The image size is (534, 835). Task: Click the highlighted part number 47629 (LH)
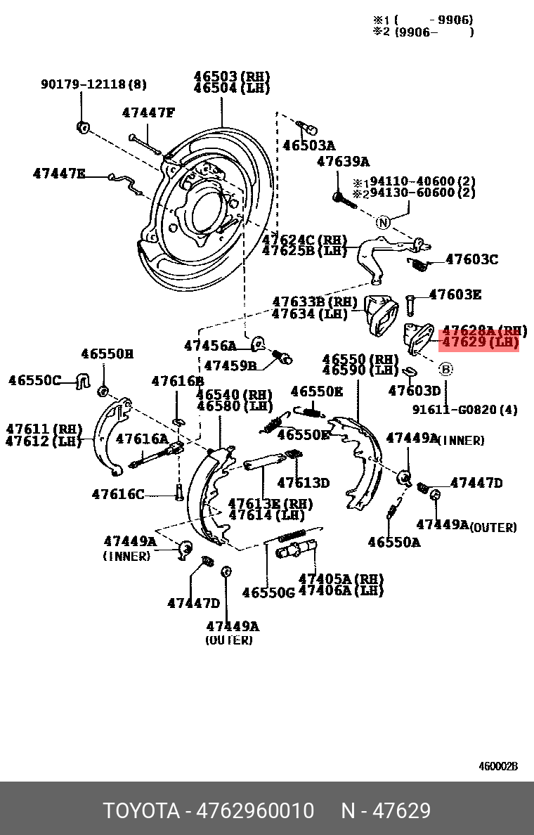(x=479, y=343)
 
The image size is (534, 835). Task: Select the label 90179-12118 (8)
(x=93, y=84)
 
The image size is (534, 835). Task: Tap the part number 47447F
(x=148, y=112)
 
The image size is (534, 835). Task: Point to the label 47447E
(x=59, y=174)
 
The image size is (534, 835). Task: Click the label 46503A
(x=309, y=145)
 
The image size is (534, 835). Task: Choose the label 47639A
(x=343, y=162)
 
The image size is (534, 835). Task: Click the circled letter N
(x=382, y=223)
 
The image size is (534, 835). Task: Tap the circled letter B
(x=446, y=368)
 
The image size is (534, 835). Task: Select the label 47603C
(x=471, y=259)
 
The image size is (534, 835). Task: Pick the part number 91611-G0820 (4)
(x=464, y=410)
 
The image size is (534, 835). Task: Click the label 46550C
(x=35, y=380)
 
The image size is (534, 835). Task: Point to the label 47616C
(x=118, y=494)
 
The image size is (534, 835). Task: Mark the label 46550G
(x=268, y=593)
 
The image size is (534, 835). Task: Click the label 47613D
(x=303, y=483)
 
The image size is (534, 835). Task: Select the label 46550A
(x=394, y=542)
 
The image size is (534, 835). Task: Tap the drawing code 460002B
(x=498, y=766)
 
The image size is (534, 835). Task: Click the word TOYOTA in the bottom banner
(x=141, y=811)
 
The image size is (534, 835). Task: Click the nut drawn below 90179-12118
(x=82, y=127)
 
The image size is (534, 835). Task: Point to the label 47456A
(x=211, y=346)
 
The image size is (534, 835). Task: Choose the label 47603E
(x=455, y=294)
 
